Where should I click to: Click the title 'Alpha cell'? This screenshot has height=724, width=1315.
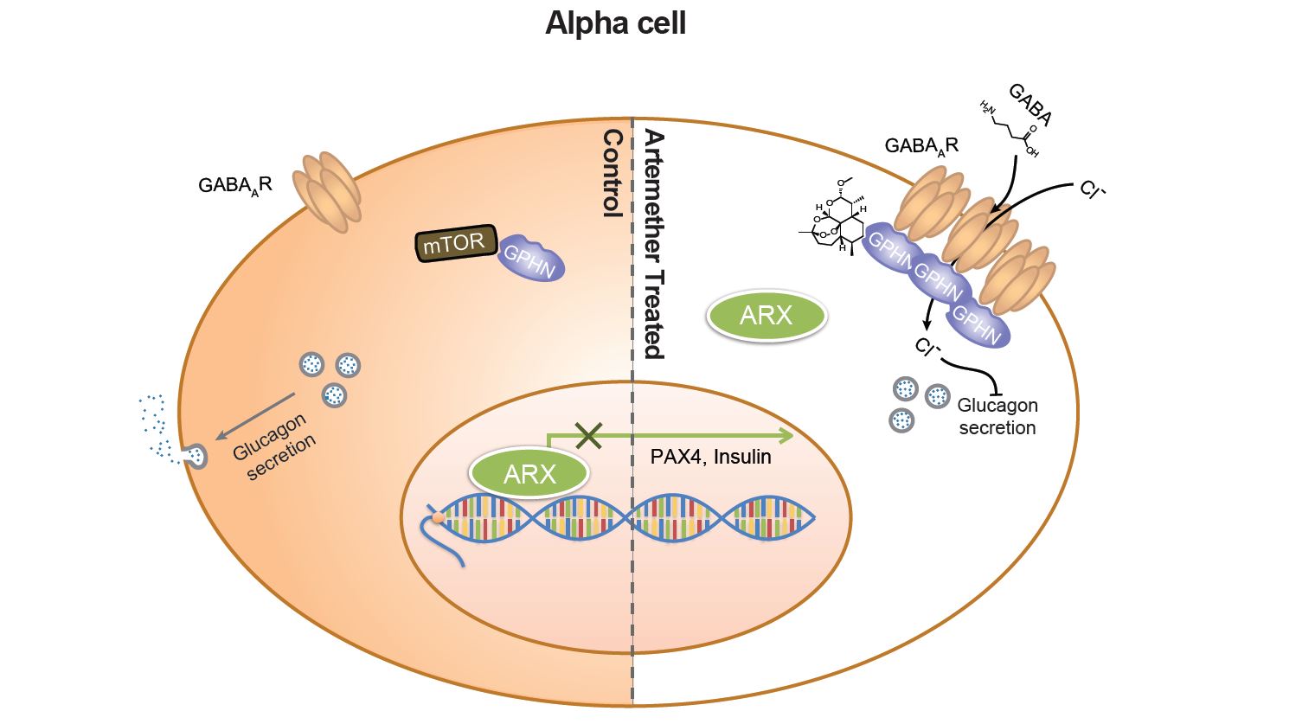click(x=615, y=23)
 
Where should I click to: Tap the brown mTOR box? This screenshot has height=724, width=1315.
click(x=454, y=244)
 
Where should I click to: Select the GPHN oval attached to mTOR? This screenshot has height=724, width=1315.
click(x=529, y=257)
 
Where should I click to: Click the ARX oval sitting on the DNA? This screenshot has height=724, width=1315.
click(x=529, y=473)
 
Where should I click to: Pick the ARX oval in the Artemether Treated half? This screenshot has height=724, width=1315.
click(x=766, y=316)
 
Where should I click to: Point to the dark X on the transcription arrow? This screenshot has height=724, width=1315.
click(x=588, y=435)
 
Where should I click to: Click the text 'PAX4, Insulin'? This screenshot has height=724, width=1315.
click(x=710, y=456)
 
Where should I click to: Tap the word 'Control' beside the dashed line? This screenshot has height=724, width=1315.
click(x=613, y=172)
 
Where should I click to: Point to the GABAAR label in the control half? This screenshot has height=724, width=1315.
click(x=234, y=184)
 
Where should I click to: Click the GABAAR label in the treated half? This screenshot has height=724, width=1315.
click(x=920, y=145)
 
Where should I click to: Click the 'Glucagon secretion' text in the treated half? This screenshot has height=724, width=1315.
click(x=997, y=416)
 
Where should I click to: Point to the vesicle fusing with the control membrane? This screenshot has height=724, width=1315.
click(x=197, y=456)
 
